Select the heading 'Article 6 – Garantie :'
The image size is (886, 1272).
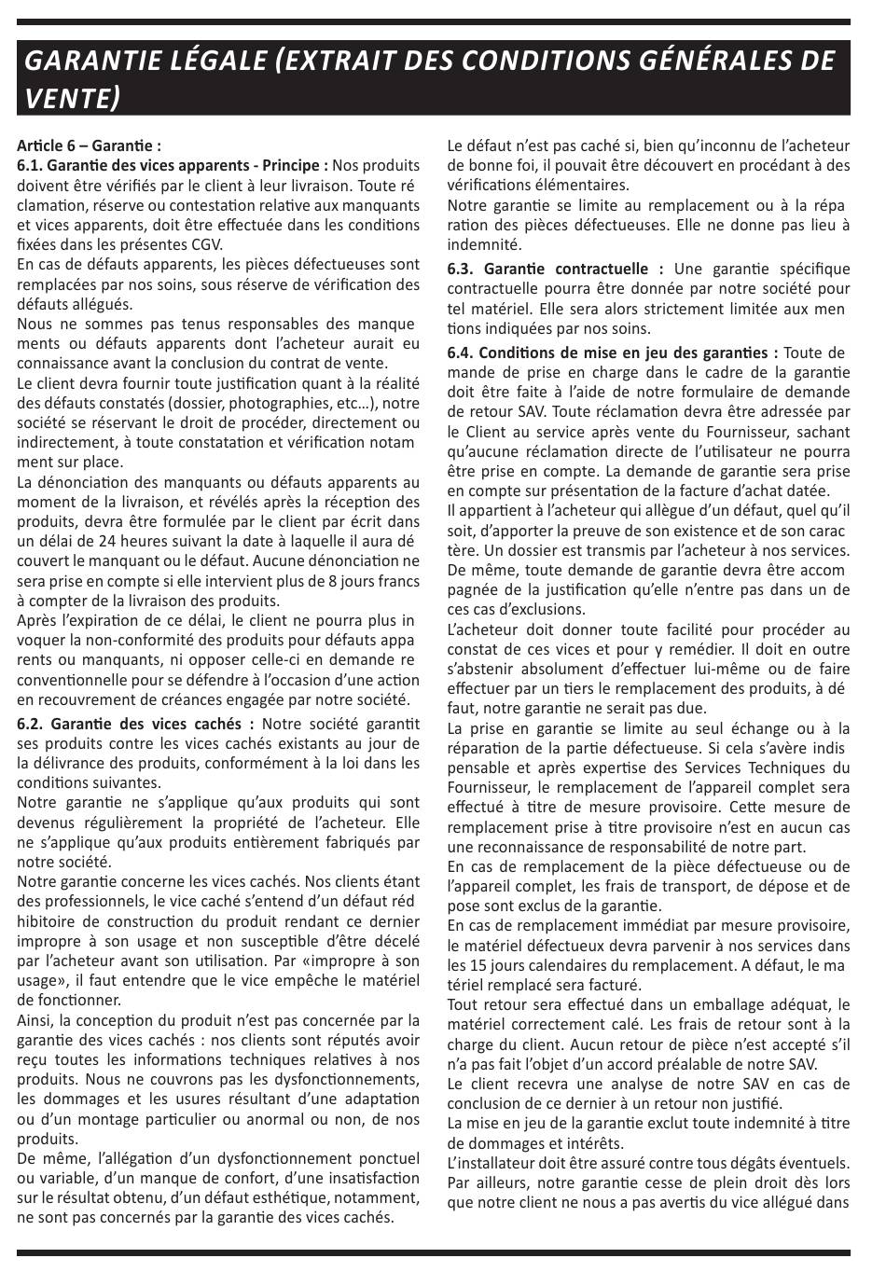(89, 145)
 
